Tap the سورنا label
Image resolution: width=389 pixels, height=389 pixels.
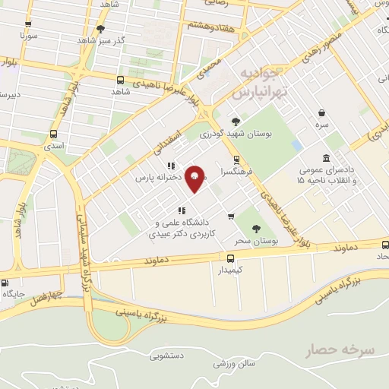pyautogui.click(x=29, y=36)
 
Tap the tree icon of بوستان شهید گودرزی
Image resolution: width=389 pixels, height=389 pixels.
pyautogui.click(x=235, y=121)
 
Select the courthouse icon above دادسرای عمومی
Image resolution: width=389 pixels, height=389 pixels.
pyautogui.click(x=326, y=158)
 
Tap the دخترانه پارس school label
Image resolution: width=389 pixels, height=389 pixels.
pyautogui.click(x=150, y=178)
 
